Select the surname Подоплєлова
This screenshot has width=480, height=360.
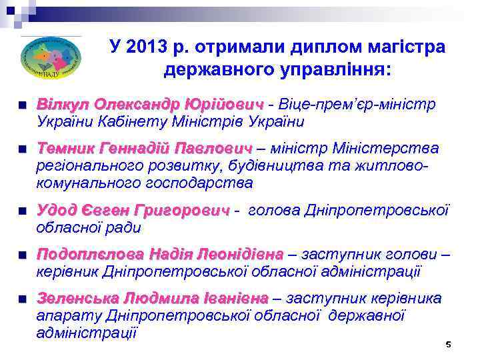(x=89, y=255)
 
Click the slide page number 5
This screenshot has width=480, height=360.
(x=448, y=345)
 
